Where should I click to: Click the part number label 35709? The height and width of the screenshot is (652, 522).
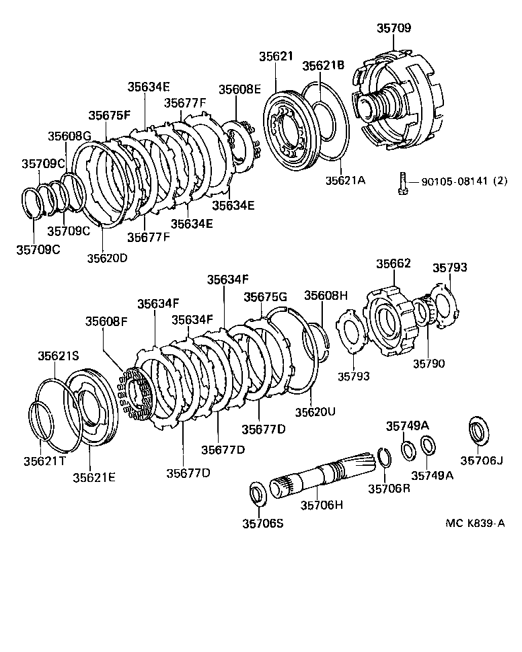pos(394,28)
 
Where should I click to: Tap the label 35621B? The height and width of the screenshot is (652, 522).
pos(323,65)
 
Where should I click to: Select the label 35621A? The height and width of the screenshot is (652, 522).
pos(345,180)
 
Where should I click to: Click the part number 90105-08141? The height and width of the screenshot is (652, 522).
pos(454,181)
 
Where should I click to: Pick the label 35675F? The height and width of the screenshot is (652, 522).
pos(109,115)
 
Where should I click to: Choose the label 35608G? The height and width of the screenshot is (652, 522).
pos(69,136)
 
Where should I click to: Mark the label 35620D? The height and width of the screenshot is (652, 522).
pos(107,255)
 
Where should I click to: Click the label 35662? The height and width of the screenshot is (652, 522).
pos(394,264)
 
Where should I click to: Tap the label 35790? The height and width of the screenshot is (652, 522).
pos(428,364)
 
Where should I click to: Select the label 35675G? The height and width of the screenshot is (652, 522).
pos(265,297)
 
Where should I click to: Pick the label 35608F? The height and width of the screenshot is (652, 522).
pos(106,321)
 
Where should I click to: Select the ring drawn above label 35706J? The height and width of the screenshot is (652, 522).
pos(478,431)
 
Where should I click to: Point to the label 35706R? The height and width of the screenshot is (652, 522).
pos(388,489)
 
